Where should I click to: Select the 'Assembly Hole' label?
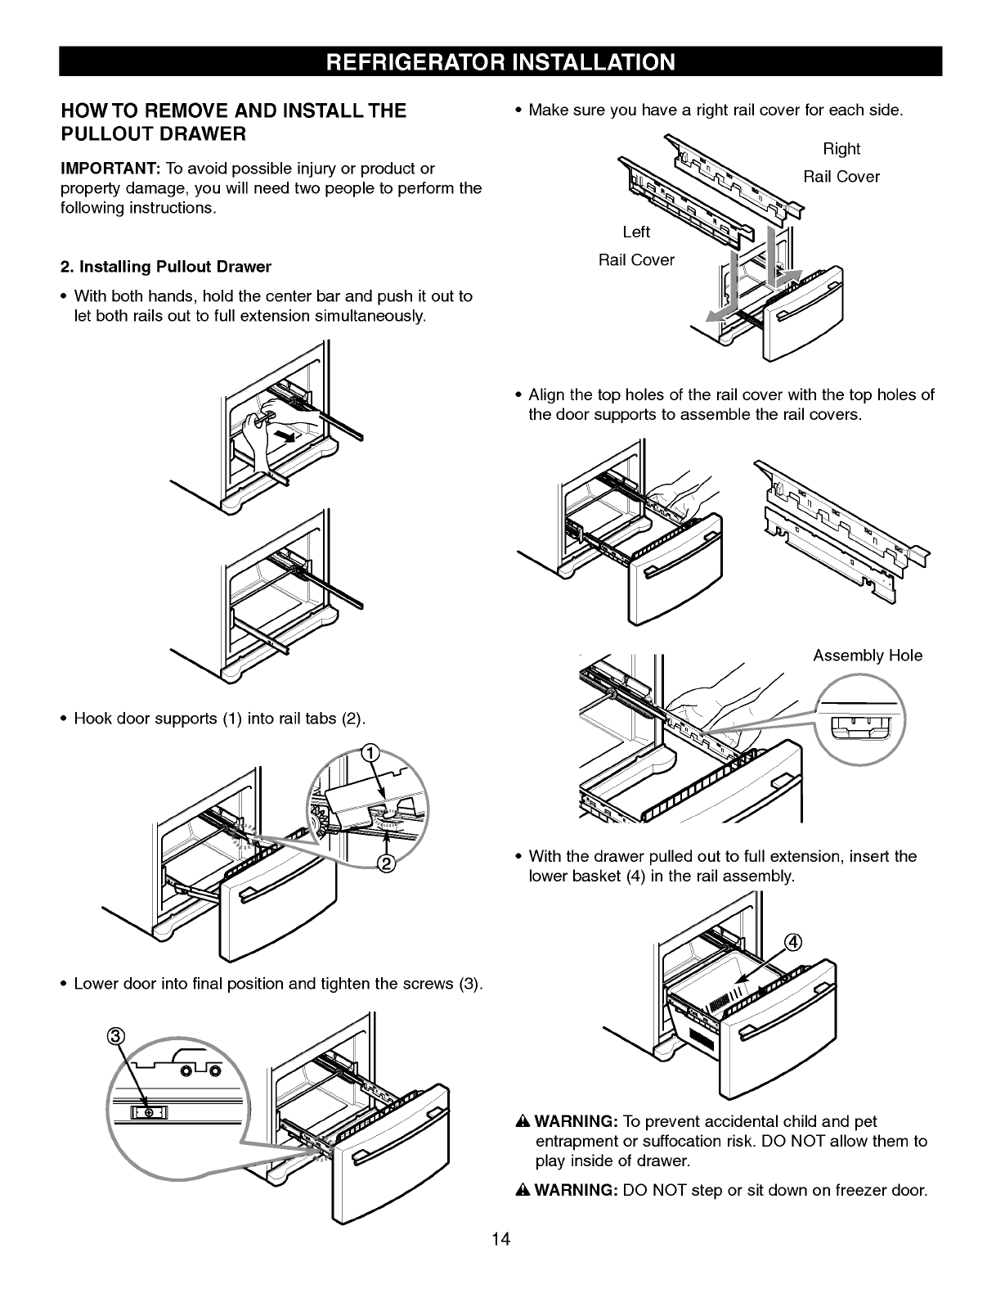867,656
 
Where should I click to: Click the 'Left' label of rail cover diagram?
636,232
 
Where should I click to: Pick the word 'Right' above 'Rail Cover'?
841,148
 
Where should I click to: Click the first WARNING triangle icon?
524,1120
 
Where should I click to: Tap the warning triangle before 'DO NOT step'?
524,1190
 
